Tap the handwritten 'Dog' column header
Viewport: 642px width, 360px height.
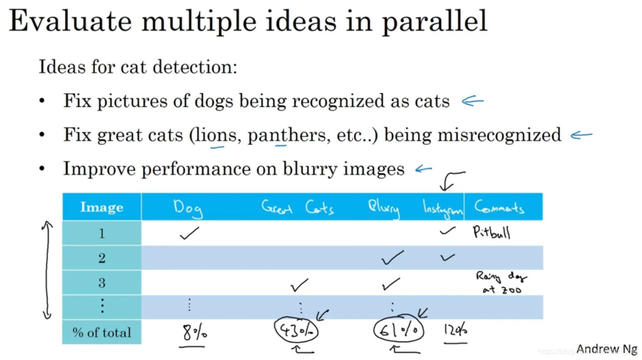pos(188,208)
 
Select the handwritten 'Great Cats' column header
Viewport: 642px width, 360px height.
pos(297,208)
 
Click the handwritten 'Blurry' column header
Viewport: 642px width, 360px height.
pos(384,208)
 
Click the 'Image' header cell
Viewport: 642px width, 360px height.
pos(102,207)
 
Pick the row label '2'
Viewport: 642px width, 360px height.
pos(102,258)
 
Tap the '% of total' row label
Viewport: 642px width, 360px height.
pos(102,333)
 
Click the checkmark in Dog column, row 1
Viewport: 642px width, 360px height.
pos(189,232)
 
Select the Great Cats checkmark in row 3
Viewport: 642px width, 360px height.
pos(299,284)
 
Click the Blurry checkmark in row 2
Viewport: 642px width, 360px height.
pos(392,257)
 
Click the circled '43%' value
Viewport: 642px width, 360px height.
pos(296,331)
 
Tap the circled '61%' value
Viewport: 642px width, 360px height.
pos(399,330)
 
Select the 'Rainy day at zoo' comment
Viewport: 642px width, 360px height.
pos(501,283)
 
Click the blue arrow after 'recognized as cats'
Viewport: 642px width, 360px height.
pos(472,101)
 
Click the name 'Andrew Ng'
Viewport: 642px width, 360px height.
pos(607,350)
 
